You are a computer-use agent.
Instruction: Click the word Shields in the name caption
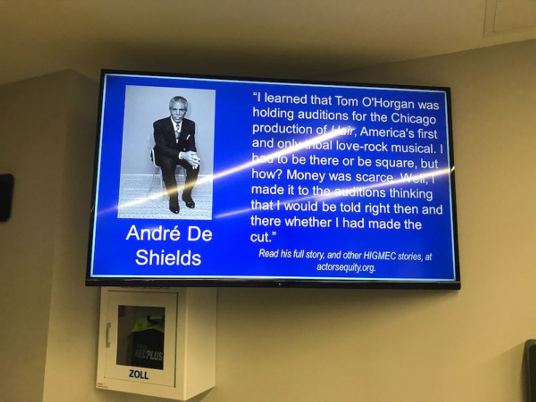pyautogui.click(x=168, y=257)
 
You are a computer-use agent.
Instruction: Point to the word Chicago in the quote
pyautogui.click(x=413, y=119)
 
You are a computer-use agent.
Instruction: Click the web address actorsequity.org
pyautogui.click(x=346, y=268)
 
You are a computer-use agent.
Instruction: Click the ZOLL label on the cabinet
pyautogui.click(x=138, y=374)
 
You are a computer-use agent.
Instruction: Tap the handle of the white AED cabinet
pyautogui.click(x=108, y=335)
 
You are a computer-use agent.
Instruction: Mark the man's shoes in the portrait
pyautogui.click(x=181, y=205)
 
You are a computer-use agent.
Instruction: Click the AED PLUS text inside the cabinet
pyautogui.click(x=147, y=355)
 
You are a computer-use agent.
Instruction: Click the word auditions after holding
pyautogui.click(x=323, y=116)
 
